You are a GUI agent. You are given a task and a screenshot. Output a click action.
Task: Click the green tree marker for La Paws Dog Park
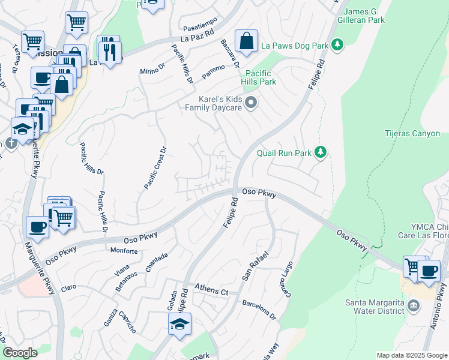click(337, 45)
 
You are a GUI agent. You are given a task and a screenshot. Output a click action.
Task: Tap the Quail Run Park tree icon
click(321, 153)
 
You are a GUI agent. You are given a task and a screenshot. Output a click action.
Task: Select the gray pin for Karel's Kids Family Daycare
click(252, 103)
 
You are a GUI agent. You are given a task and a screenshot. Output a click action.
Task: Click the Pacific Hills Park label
click(259, 77)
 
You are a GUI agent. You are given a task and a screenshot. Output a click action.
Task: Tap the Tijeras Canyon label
click(412, 134)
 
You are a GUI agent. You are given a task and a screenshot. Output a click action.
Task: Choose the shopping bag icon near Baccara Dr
click(246, 41)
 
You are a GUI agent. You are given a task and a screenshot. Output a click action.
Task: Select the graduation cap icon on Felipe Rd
click(179, 325)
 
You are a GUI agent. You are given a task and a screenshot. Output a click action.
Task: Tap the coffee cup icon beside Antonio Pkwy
click(429, 271)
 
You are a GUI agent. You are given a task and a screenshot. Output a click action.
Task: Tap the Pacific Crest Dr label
click(154, 169)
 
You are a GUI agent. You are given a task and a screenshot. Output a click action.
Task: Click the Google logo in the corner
click(20, 353)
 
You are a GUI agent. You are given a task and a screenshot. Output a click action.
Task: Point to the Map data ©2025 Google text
click(411, 355)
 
